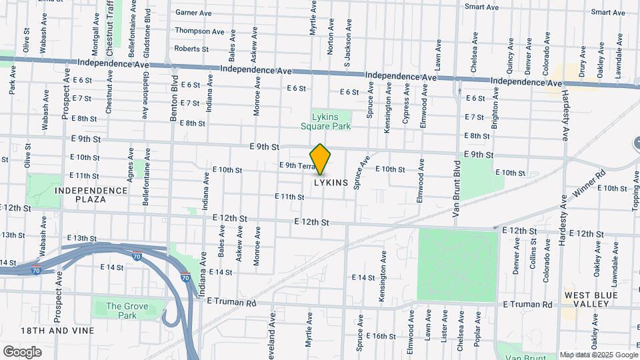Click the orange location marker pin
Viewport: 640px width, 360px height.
click(321, 159)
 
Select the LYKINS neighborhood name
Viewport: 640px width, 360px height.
click(331, 182)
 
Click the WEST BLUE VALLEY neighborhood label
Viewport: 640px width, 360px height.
click(587, 299)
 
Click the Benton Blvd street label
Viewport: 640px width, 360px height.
click(173, 100)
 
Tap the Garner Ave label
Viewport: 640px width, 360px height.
click(193, 12)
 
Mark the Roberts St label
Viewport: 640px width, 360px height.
click(191, 48)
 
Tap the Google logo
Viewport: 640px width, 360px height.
click(21, 351)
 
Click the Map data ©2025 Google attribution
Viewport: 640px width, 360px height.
click(597, 355)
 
